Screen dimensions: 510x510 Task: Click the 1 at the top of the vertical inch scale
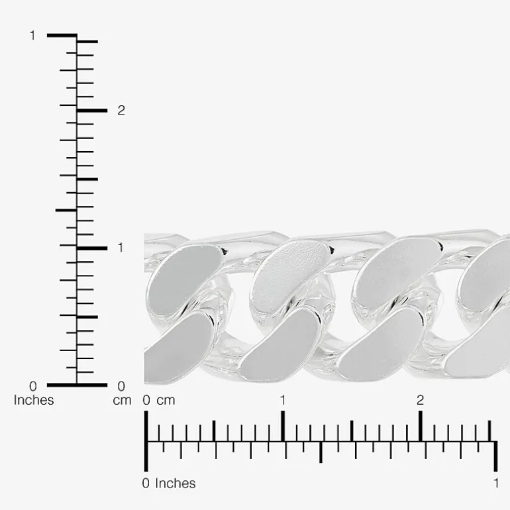(x=32, y=36)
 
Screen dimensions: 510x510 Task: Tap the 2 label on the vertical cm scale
(x=121, y=111)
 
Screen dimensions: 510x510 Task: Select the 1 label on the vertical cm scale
(x=121, y=248)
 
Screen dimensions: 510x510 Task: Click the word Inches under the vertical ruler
(x=34, y=400)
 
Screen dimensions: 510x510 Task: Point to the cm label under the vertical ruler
(x=122, y=401)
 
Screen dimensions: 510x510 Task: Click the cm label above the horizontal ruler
(x=166, y=401)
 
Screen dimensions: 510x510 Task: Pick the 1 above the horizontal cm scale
(x=283, y=400)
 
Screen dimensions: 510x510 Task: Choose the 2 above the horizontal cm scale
(x=420, y=400)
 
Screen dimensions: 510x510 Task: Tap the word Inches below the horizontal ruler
(x=176, y=484)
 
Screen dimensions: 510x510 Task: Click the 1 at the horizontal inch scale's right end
(x=496, y=484)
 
